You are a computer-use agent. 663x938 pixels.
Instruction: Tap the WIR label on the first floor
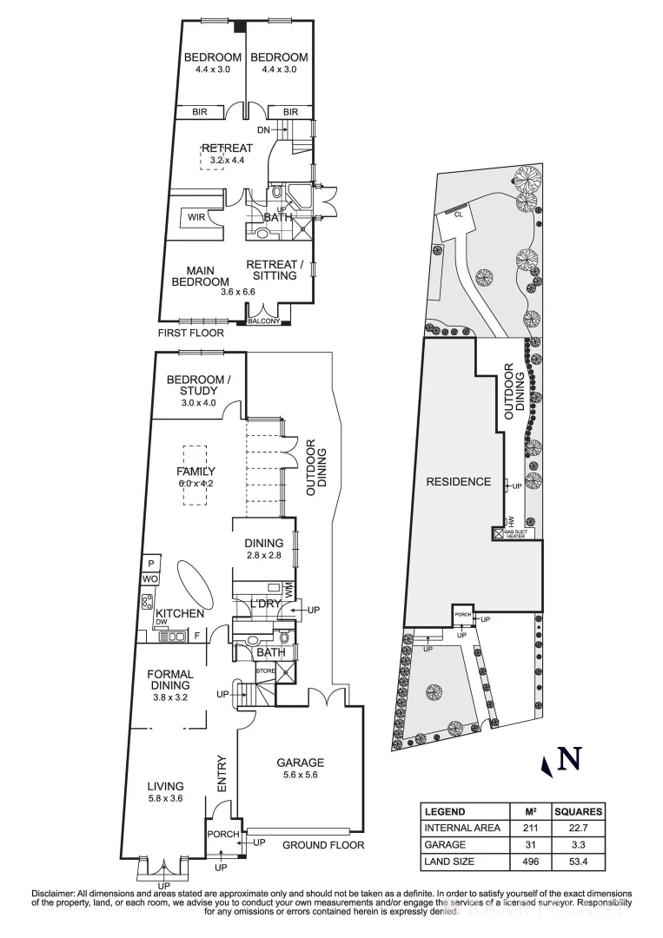pyautogui.click(x=196, y=217)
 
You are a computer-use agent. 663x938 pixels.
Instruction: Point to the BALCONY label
pyautogui.click(x=265, y=322)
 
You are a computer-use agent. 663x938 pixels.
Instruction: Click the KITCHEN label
pyautogui.click(x=180, y=613)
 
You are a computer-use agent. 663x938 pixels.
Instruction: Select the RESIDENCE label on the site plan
pyautogui.click(x=458, y=481)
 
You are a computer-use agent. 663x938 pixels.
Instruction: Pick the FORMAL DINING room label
pyautogui.click(x=169, y=679)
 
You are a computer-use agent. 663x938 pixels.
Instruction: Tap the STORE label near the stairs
pyautogui.click(x=264, y=670)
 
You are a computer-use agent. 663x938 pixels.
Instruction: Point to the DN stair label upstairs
pyautogui.click(x=265, y=129)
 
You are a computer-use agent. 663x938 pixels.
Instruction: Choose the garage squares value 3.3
pyautogui.click(x=580, y=843)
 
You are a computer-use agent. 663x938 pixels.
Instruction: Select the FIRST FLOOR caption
pyautogui.click(x=190, y=333)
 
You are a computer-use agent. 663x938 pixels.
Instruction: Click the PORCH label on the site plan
pyautogui.click(x=462, y=614)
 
